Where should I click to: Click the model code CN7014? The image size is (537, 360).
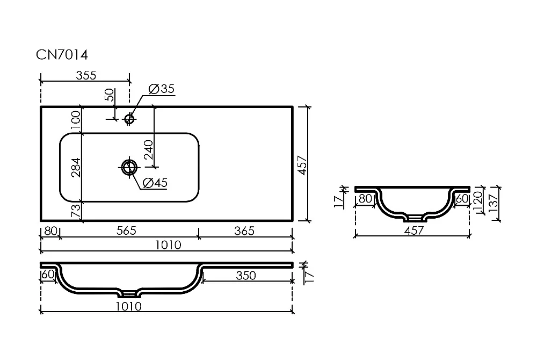(62, 55)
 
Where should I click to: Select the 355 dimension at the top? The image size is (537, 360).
(86, 75)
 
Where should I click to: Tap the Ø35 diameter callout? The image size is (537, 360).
(162, 89)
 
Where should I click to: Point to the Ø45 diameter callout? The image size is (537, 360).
(155, 183)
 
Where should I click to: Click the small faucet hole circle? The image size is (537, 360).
(129, 119)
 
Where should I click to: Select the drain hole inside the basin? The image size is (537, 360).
(129, 168)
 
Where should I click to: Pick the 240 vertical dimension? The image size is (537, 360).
(149, 150)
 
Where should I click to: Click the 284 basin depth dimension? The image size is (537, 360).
(76, 168)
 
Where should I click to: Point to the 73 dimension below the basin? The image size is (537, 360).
(76, 210)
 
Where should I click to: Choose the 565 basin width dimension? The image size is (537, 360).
(126, 231)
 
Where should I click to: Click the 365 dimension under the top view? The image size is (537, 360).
(244, 231)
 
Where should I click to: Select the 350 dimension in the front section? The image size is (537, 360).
(246, 276)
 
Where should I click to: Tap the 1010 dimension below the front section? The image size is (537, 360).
(128, 306)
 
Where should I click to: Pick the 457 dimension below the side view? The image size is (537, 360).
(413, 231)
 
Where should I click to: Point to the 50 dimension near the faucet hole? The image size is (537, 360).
(109, 95)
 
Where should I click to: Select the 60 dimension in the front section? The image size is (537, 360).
(48, 275)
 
